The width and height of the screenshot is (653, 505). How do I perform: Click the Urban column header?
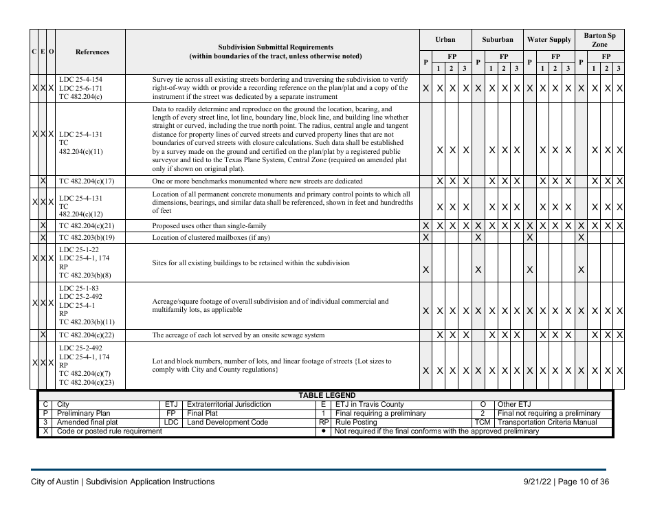click(x=445, y=40)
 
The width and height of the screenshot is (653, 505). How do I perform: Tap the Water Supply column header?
click(x=549, y=40)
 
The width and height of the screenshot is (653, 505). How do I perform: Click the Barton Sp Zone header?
click(x=599, y=39)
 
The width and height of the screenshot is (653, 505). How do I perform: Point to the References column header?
click(x=91, y=52)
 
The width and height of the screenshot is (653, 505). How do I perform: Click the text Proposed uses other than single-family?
click(x=209, y=225)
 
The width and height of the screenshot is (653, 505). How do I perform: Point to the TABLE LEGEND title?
click(x=326, y=396)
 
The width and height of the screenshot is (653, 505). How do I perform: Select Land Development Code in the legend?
click(x=228, y=423)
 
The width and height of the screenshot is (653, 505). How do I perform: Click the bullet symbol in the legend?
click(x=323, y=431)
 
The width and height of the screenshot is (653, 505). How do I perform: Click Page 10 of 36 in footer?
click(x=583, y=482)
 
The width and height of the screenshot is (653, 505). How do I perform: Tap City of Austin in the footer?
click(x=54, y=482)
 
